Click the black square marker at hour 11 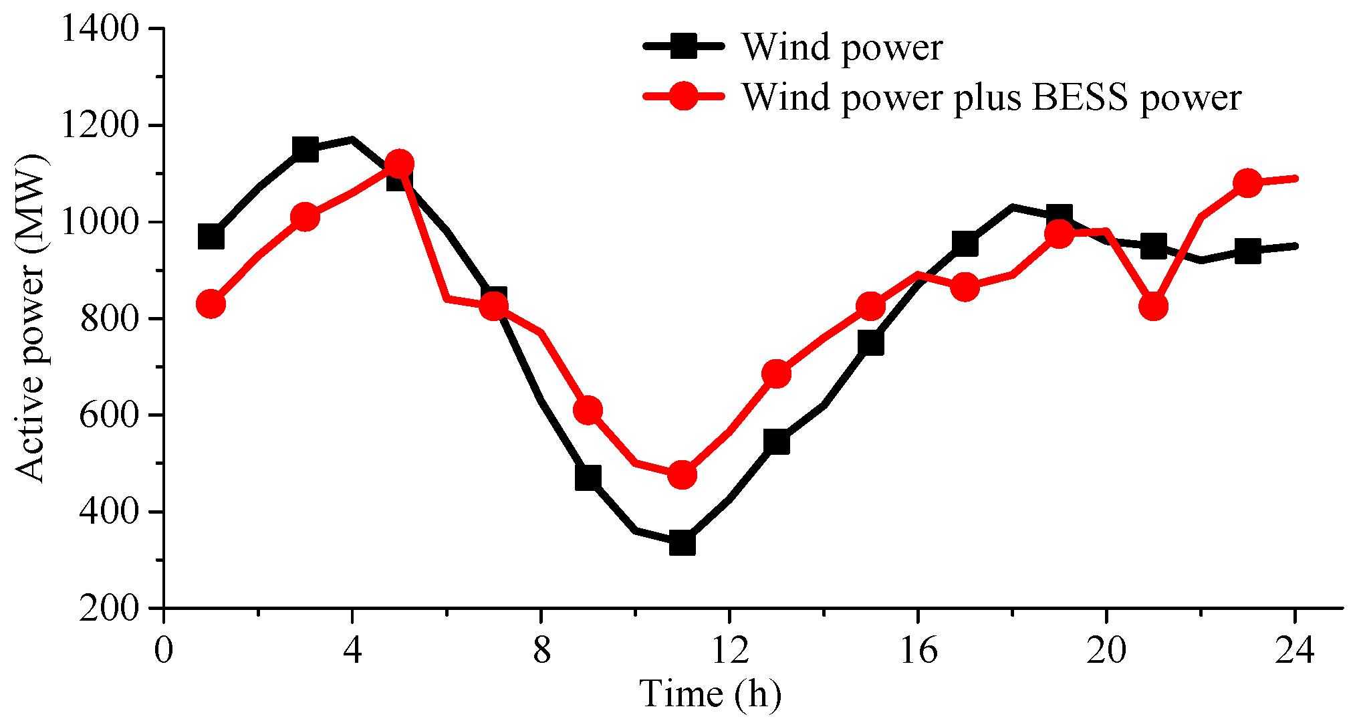click(682, 542)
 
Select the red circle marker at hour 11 click(682, 475)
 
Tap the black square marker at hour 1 click(211, 237)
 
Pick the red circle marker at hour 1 click(211, 304)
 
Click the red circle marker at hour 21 click(1153, 306)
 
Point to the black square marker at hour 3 click(305, 149)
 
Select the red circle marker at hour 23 click(1247, 183)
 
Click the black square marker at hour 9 click(588, 478)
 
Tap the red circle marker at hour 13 click(776, 374)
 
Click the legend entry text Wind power click(842, 47)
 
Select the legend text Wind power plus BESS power click(992, 98)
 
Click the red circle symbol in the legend click(683, 96)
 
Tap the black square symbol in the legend click(683, 46)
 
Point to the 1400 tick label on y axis click(100, 29)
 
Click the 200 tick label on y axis click(109, 609)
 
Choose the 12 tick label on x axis click(729, 650)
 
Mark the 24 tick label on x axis click(1295, 650)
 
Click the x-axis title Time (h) click(710, 694)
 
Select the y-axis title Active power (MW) click(31, 318)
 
